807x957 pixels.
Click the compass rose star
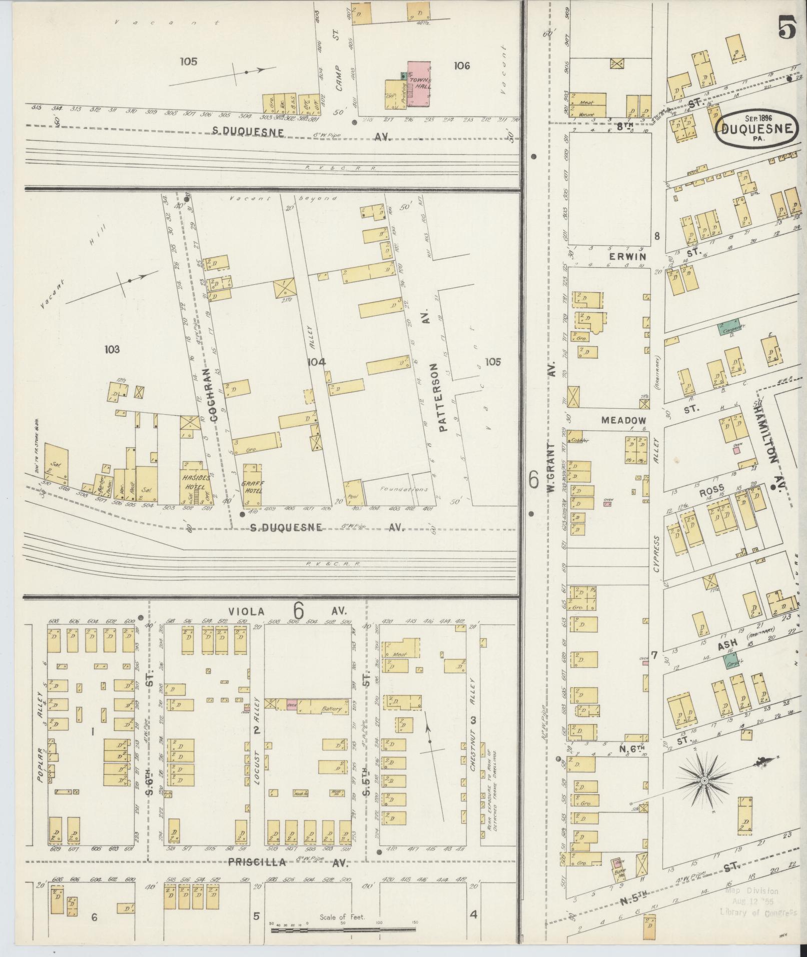(704, 794)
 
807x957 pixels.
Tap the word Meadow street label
(623, 420)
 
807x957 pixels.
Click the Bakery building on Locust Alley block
(331, 709)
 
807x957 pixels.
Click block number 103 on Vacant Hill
(112, 349)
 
